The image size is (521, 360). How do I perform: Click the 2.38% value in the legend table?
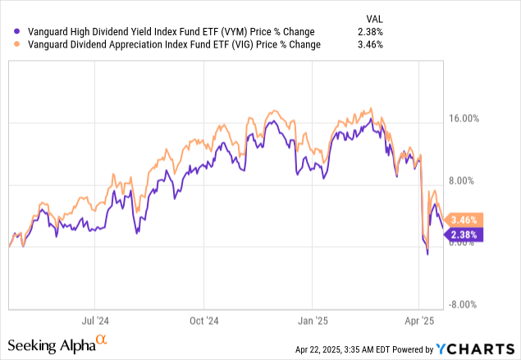pyautogui.click(x=372, y=31)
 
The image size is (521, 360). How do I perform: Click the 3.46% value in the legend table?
pyautogui.click(x=372, y=44)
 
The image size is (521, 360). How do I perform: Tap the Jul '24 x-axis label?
pyautogui.click(x=97, y=321)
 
